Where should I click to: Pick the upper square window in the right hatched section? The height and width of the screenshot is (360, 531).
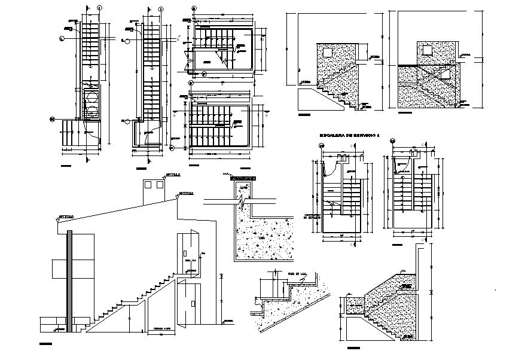coord(426,48)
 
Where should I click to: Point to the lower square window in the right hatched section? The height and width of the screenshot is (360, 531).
coord(445,74)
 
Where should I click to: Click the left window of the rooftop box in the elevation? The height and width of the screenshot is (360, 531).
coord(148,186)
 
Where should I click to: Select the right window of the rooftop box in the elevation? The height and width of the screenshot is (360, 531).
coord(160,186)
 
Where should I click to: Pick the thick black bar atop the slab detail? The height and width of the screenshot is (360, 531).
coord(242,178)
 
